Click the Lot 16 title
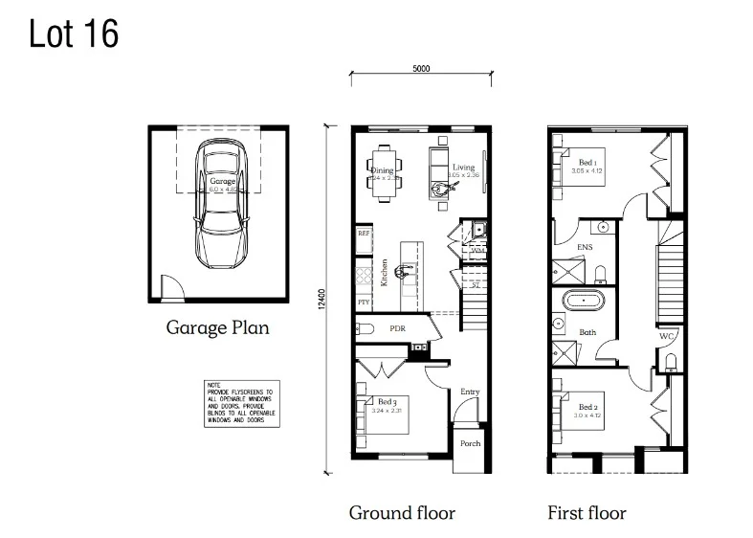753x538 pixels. pos(74,34)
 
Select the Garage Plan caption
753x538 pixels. pos(217,327)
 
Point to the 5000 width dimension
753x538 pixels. pos(420,68)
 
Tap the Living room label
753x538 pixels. pos(463,168)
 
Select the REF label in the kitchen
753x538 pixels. pos(364,233)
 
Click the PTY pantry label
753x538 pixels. pos(364,303)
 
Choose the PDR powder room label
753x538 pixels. pos(398,328)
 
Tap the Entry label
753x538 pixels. pos(470,392)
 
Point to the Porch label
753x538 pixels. pos(470,443)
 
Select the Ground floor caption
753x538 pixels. pos(401,513)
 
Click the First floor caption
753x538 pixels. pos(586,513)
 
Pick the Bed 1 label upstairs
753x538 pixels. pos(587,163)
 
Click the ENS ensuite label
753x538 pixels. pos(584,247)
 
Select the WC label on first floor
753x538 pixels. pos(667,336)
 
